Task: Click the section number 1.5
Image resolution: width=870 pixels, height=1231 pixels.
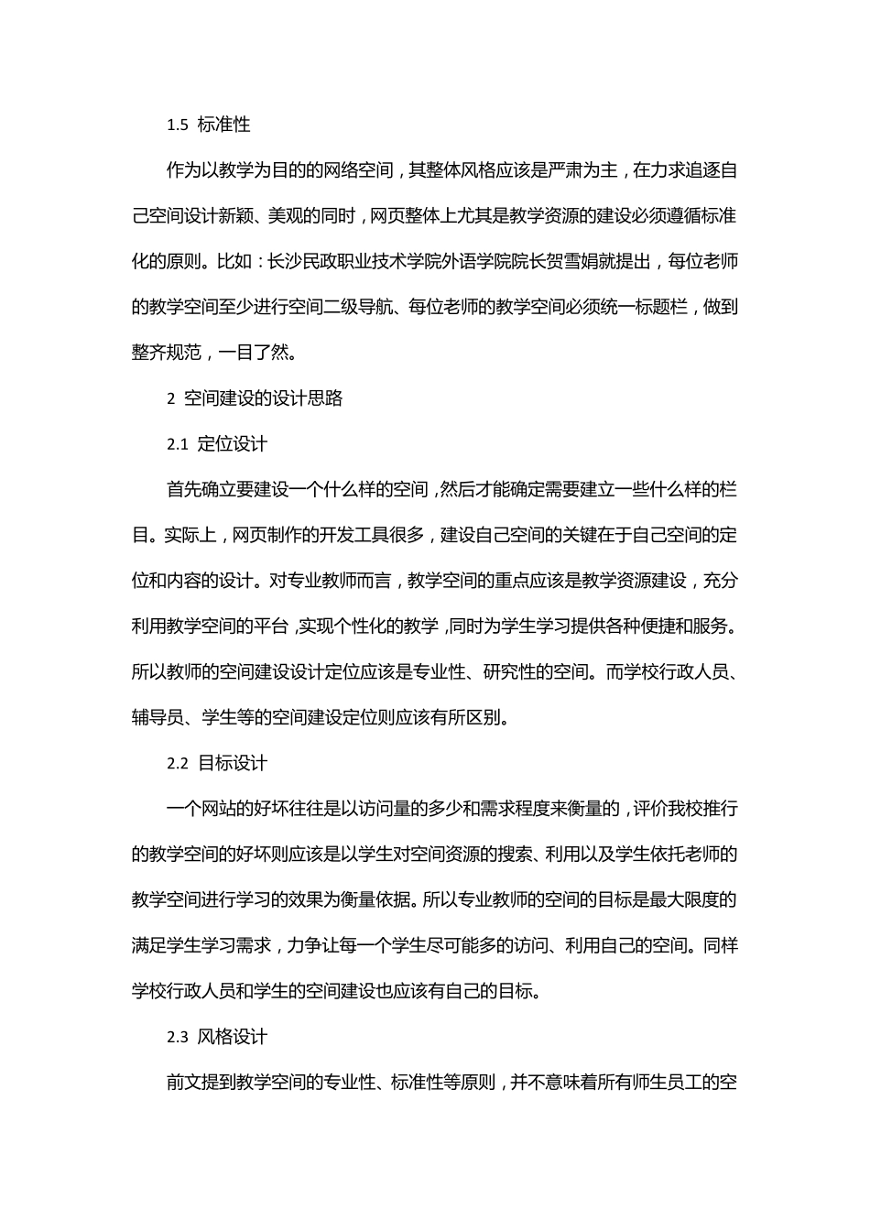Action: (x=178, y=125)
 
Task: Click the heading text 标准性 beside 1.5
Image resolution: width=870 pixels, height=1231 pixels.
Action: (x=224, y=125)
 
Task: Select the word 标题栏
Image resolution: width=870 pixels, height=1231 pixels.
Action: (x=662, y=307)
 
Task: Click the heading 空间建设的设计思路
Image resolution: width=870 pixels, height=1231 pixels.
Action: (x=264, y=398)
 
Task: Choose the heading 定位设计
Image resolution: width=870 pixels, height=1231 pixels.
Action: (x=233, y=444)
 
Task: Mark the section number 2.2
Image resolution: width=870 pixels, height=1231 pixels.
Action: (x=178, y=763)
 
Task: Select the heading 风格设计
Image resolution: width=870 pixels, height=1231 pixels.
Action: (x=233, y=1037)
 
